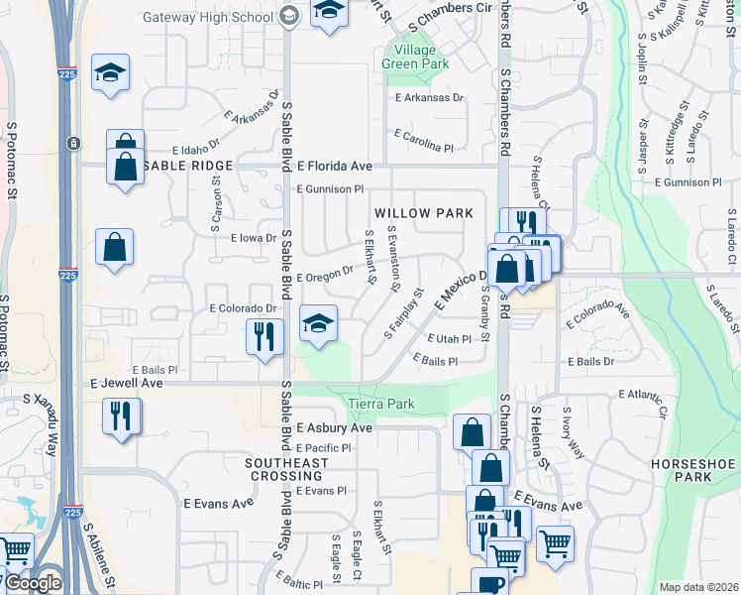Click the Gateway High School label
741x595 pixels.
(209, 17)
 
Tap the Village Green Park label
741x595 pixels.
(416, 57)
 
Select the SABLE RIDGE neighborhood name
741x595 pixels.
(187, 166)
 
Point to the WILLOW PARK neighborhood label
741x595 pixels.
(423, 213)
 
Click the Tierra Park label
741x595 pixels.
(381, 404)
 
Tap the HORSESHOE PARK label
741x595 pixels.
(681, 470)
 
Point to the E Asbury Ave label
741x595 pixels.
(335, 428)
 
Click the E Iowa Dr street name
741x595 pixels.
(254, 238)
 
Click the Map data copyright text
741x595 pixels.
(699, 587)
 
